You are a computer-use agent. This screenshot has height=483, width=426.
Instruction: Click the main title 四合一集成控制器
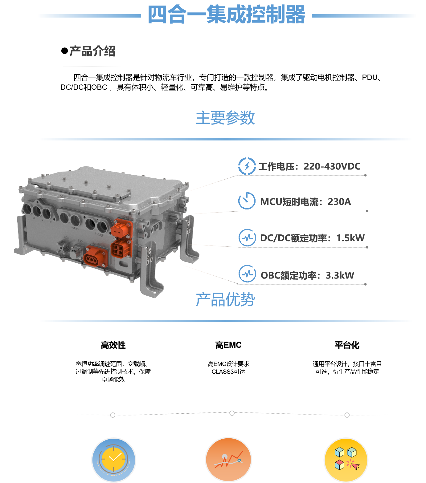227,14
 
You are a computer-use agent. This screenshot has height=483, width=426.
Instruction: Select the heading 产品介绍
92,51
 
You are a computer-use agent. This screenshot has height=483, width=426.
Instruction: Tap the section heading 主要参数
225,118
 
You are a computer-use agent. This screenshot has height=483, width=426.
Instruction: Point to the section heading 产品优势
225,299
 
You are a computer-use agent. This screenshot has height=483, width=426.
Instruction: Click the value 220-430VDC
332,166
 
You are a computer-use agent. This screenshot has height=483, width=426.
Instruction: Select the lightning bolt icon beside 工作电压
247,166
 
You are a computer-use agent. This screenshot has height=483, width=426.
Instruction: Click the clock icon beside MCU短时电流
247,201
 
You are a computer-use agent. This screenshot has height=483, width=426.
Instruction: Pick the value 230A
339,202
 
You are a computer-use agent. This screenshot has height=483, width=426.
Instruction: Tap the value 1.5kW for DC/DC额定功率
350,238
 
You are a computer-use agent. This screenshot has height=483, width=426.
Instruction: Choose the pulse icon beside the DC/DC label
247,238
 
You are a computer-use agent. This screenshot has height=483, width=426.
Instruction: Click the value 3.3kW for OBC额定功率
340,275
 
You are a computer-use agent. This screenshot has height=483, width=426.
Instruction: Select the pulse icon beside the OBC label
247,274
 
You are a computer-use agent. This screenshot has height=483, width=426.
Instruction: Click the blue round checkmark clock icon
114,460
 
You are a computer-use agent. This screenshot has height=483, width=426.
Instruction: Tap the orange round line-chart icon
228,460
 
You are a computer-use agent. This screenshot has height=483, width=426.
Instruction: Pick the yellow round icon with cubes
346,460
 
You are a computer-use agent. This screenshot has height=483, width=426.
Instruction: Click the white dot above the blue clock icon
113,415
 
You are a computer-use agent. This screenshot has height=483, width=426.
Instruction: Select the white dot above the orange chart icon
232,413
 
